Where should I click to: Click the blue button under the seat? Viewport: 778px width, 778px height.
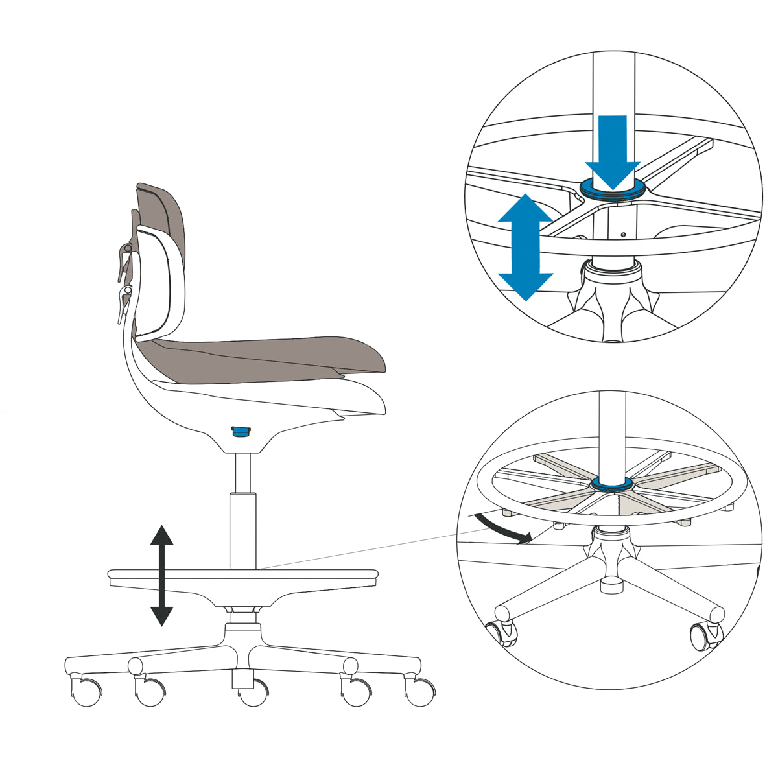241,432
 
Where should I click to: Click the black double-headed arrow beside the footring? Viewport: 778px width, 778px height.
161,575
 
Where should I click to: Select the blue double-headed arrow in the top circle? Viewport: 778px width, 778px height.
525,246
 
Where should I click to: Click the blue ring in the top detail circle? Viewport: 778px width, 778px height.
613,189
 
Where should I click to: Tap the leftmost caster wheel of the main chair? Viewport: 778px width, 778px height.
85,692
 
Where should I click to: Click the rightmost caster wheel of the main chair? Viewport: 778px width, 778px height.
421,692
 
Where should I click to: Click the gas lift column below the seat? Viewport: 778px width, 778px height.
243,512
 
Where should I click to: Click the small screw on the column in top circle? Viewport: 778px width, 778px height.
622,235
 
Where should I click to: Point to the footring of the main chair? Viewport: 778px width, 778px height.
242,574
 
